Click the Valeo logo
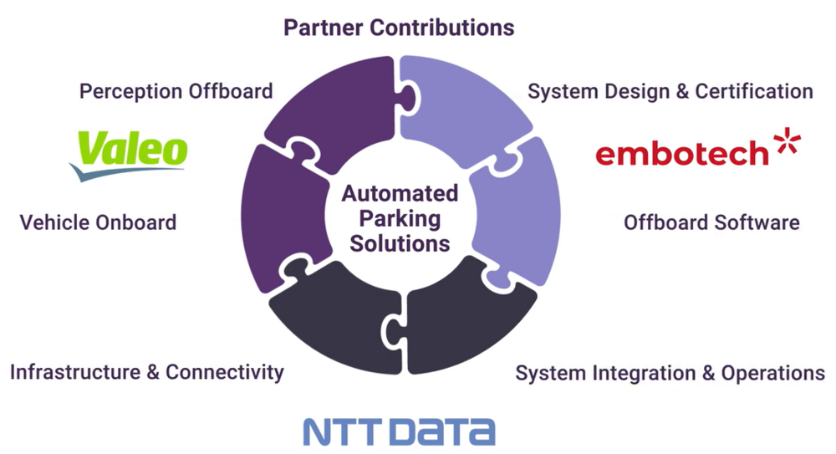pos(129,156)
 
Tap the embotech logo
pos(698,147)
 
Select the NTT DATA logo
pos(400,431)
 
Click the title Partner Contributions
pos(399,28)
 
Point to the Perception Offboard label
pos(176,91)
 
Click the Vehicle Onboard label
pos(98,222)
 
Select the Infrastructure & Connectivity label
pos(147,372)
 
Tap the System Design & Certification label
pos(670,91)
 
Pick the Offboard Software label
pos(711,222)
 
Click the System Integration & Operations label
pos(670,373)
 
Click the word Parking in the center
pos(400,219)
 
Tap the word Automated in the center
pos(400,193)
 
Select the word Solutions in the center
pos(400,243)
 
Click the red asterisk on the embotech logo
pos(788,140)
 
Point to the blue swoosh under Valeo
pos(127,173)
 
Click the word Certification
pos(754,91)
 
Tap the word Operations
pos(773,373)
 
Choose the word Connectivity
pos(224,372)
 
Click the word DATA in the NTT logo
pos(446,431)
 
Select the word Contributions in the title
pos(441,28)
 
